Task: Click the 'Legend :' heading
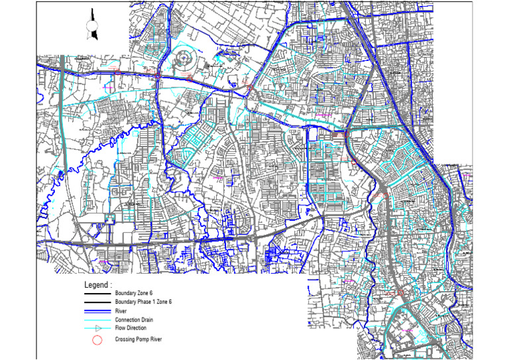pyautogui.click(x=97, y=284)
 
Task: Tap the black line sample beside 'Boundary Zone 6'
pyautogui.click(x=97, y=293)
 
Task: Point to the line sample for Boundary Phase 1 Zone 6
pyautogui.click(x=97, y=302)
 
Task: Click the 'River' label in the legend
pyautogui.click(x=121, y=310)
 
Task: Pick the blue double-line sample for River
pyautogui.click(x=97, y=310)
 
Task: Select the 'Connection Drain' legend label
pyautogui.click(x=136, y=320)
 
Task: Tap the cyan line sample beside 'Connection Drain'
pyautogui.click(x=97, y=320)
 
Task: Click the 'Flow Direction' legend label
pyautogui.click(x=131, y=328)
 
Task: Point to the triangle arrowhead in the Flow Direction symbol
pyautogui.click(x=97, y=328)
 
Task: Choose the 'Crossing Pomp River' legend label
pyautogui.click(x=140, y=339)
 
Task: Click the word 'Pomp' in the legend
pyautogui.click(x=143, y=339)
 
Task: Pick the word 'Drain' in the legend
pyautogui.click(x=149, y=320)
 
